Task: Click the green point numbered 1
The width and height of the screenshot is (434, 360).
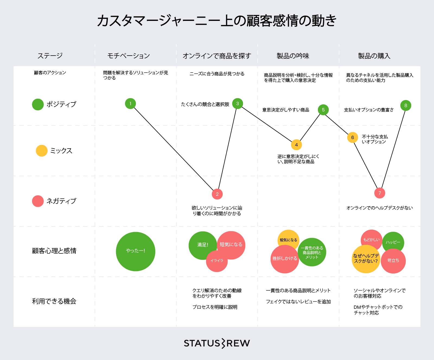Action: pos(130,104)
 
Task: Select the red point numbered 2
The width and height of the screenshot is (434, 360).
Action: pos(217,194)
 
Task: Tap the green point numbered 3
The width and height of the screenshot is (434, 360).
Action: pos(238,104)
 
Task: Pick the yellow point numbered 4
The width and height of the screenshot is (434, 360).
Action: pos(296,145)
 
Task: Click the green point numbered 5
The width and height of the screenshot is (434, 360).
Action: pos(323,110)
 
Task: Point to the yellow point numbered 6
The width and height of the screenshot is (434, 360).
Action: pos(353,137)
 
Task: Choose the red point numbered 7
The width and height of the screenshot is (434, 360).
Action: pos(380,193)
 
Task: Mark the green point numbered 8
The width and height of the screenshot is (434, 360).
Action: pos(406,105)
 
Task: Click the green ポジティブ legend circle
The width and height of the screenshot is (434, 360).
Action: pos(38,104)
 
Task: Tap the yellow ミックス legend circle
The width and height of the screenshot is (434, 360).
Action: pos(42,151)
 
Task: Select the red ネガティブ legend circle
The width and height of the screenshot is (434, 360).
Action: pos(38,201)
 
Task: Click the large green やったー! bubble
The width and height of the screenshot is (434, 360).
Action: pos(136,251)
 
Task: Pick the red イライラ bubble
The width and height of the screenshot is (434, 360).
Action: pos(216,261)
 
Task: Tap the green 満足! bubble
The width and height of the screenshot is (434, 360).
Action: pos(202,245)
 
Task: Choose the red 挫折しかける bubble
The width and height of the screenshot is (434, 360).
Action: pos(285,259)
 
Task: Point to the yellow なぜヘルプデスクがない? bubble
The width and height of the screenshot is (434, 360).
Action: pos(366,259)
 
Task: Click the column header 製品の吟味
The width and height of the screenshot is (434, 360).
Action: pos(293,56)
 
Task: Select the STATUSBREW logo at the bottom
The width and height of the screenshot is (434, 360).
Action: pos(217,343)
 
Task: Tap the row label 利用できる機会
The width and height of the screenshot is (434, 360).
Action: pos(54,301)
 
